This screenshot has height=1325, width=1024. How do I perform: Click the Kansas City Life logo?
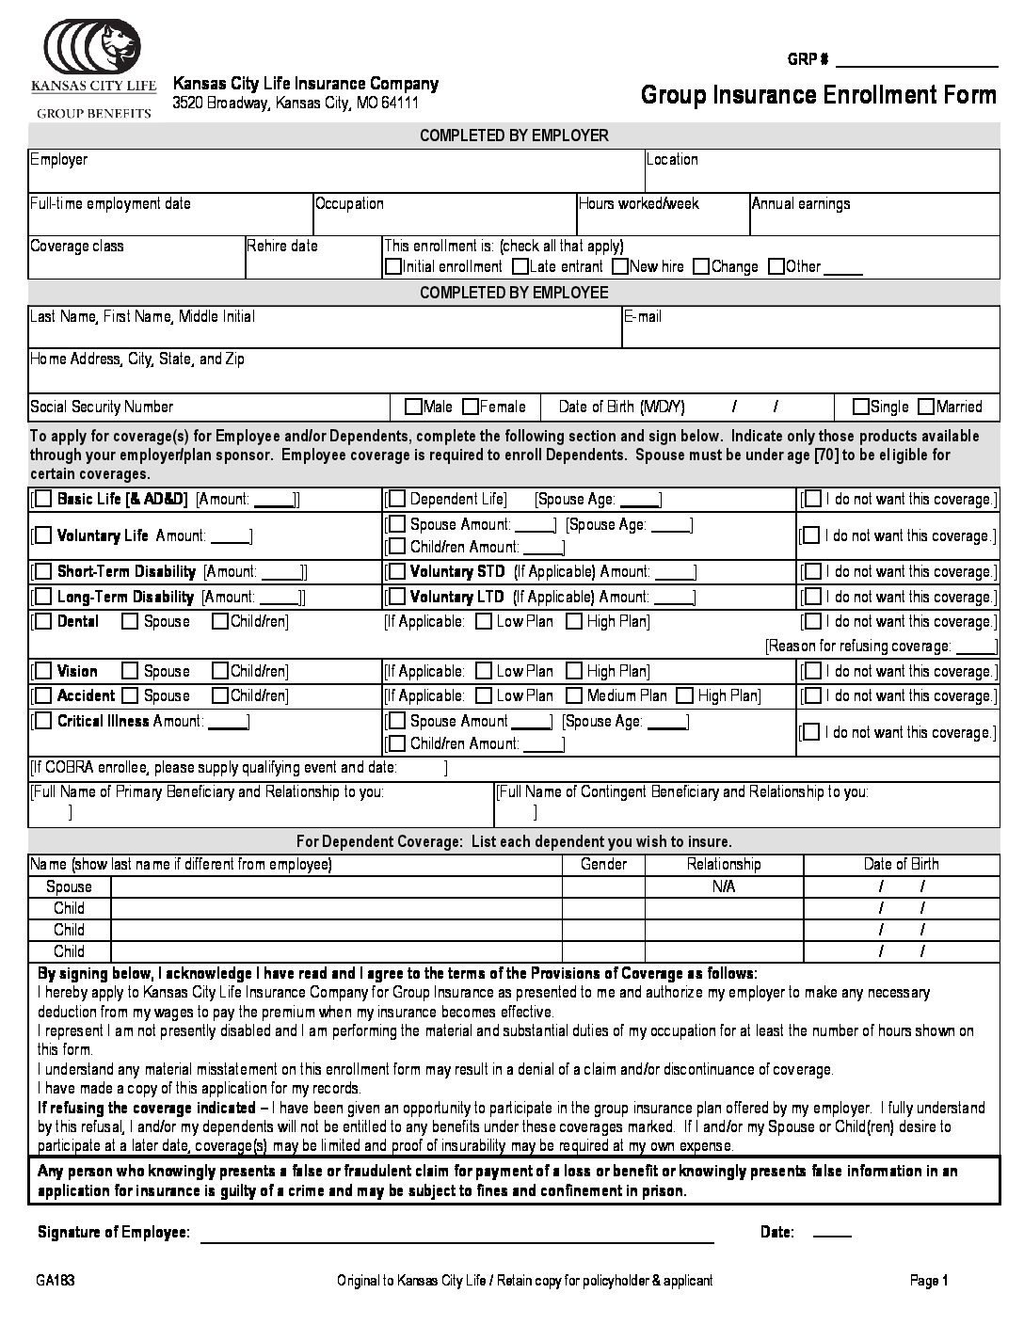pyautogui.click(x=94, y=68)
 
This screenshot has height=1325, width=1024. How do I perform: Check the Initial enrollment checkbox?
pyautogui.click(x=393, y=267)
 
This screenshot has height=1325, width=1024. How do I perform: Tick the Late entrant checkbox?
pyautogui.click(x=520, y=267)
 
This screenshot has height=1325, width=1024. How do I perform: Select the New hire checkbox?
pyautogui.click(x=620, y=267)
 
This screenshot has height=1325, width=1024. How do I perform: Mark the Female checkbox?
pyautogui.click(x=471, y=407)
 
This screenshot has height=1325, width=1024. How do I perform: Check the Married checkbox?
pyautogui.click(x=926, y=407)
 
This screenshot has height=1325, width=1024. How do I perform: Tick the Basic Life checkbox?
pyautogui.click(x=42, y=500)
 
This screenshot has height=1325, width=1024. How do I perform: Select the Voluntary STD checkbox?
pyautogui.click(x=396, y=572)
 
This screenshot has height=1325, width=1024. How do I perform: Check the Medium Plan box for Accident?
pyautogui.click(x=574, y=696)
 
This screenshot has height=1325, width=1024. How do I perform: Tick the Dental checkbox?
pyautogui.click(x=42, y=622)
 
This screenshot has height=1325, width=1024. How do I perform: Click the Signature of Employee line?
pyautogui.click(x=456, y=1235)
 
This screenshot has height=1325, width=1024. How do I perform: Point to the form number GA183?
pyautogui.click(x=56, y=1281)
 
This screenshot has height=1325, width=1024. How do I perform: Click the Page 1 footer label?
pyautogui.click(x=929, y=1281)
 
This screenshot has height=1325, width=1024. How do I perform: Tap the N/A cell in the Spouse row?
pyautogui.click(x=724, y=887)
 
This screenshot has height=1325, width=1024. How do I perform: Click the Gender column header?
pyautogui.click(x=603, y=865)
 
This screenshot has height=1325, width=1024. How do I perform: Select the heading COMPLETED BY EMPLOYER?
pyautogui.click(x=514, y=136)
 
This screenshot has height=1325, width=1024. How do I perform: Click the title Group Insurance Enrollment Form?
pyautogui.click(x=818, y=95)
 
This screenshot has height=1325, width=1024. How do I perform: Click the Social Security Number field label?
pyautogui.click(x=102, y=407)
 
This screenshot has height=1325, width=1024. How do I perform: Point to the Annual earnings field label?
pyautogui.click(x=801, y=204)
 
